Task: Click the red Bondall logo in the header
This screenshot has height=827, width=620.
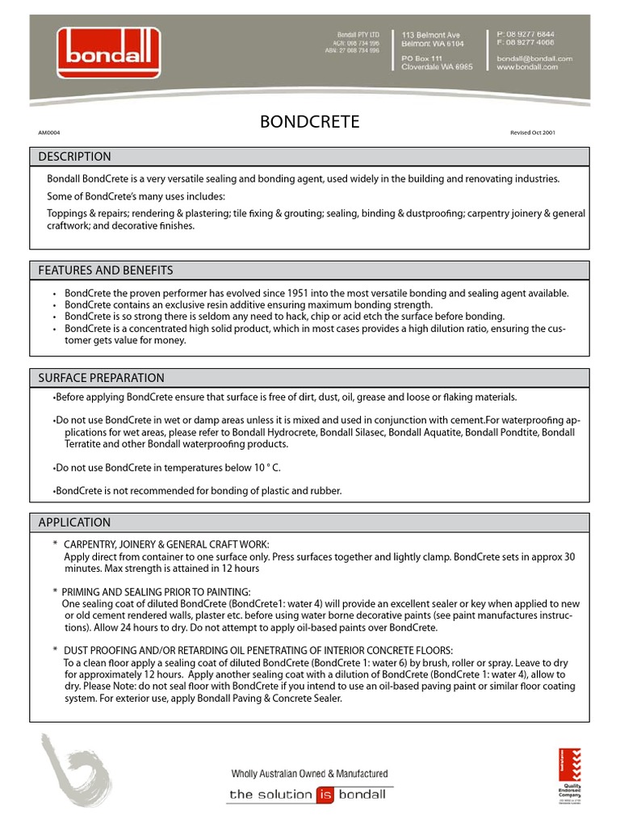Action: click(108, 52)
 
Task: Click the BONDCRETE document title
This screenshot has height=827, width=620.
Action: click(309, 123)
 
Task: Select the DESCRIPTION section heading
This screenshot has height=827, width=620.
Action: click(75, 157)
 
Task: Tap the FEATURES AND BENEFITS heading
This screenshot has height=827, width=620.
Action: click(106, 271)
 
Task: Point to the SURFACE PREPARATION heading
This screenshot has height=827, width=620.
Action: click(101, 378)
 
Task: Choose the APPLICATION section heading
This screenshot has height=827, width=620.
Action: click(75, 523)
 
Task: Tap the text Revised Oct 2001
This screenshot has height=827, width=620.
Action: click(532, 132)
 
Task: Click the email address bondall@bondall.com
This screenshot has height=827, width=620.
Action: click(534, 59)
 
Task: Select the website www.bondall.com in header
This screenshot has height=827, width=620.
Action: click(527, 68)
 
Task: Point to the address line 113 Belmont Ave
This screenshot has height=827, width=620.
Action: click(431, 36)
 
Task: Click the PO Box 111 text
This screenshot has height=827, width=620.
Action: click(422, 59)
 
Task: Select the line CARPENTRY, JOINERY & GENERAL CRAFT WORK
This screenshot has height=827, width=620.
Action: click(166, 545)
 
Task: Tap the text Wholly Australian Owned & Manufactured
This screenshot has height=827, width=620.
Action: click(309, 774)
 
